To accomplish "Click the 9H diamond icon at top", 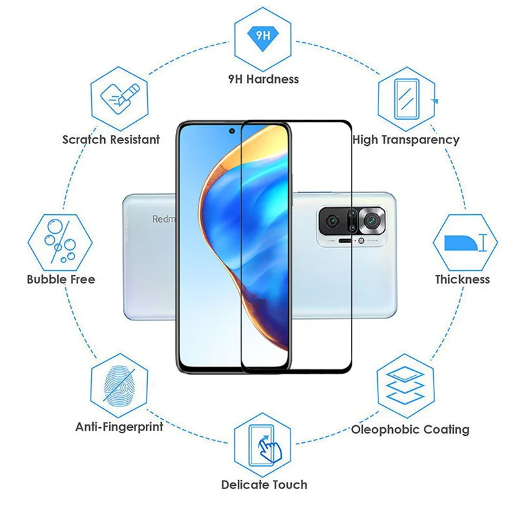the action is coord(263,36).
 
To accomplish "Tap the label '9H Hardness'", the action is coord(263,79).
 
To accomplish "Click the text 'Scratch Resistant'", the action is coord(111,139).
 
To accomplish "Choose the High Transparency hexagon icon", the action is coord(406,98).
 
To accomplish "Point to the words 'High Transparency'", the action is coord(406,139).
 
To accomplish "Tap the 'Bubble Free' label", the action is coord(61,279).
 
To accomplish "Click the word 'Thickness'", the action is coord(462,279).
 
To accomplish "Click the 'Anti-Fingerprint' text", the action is coord(119,427).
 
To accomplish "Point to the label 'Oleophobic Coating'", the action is coord(410,429).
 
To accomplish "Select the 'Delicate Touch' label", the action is coord(264,485).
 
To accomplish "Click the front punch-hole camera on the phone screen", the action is coord(232,132).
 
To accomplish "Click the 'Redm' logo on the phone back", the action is coord(163,219).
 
